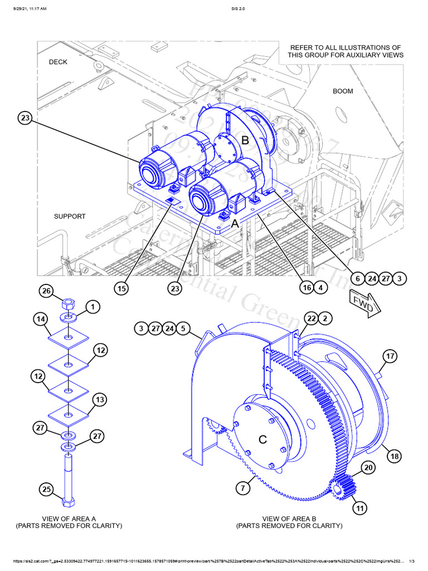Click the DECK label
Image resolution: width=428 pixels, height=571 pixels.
point(58,62)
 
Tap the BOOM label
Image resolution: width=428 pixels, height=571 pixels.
point(343,91)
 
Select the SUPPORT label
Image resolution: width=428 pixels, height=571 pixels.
point(70,216)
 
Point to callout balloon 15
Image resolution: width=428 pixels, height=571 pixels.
point(122,288)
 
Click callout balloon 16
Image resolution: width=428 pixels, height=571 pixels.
point(306,288)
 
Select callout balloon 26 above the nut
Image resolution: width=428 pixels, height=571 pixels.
point(47,291)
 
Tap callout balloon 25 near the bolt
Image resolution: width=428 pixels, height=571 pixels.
point(47,490)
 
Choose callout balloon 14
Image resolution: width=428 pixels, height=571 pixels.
point(40,320)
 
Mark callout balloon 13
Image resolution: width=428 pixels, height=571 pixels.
point(100,400)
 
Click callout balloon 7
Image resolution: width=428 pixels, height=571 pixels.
point(243,489)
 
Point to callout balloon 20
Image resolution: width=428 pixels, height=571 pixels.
point(367,467)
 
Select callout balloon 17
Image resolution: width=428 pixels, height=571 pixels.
point(390,356)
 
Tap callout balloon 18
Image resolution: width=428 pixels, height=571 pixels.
point(395,456)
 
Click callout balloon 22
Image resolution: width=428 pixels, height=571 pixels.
point(311,318)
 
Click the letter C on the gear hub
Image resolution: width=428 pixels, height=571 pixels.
point(263,439)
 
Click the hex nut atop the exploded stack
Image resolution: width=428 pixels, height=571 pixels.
point(67,305)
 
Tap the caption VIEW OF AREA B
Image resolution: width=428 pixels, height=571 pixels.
point(289,518)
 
